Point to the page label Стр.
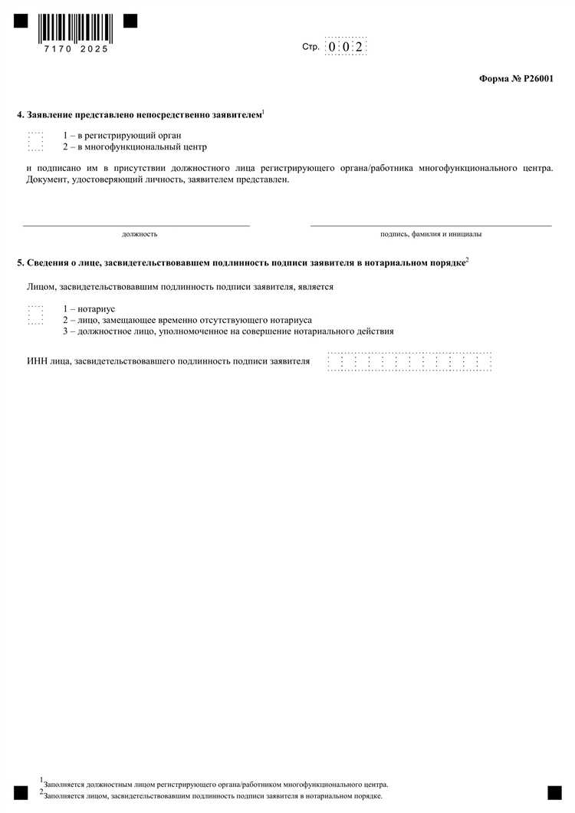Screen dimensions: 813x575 [x=310, y=47]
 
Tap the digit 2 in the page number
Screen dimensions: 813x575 [x=358, y=47]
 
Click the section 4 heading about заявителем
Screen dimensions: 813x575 [x=140, y=114]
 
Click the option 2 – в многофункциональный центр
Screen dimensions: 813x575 [x=135, y=146]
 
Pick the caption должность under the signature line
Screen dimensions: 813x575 [x=140, y=233]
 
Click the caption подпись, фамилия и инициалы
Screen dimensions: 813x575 [x=431, y=233]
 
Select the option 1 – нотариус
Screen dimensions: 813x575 [x=89, y=308]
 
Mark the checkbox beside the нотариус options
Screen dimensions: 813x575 [x=36, y=314]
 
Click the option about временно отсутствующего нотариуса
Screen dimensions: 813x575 [x=188, y=320]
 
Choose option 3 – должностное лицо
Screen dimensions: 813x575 [x=228, y=331]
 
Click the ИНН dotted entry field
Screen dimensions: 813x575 [x=409, y=360]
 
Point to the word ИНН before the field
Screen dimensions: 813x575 [x=35, y=360]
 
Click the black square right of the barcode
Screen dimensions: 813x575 [x=130, y=21]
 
